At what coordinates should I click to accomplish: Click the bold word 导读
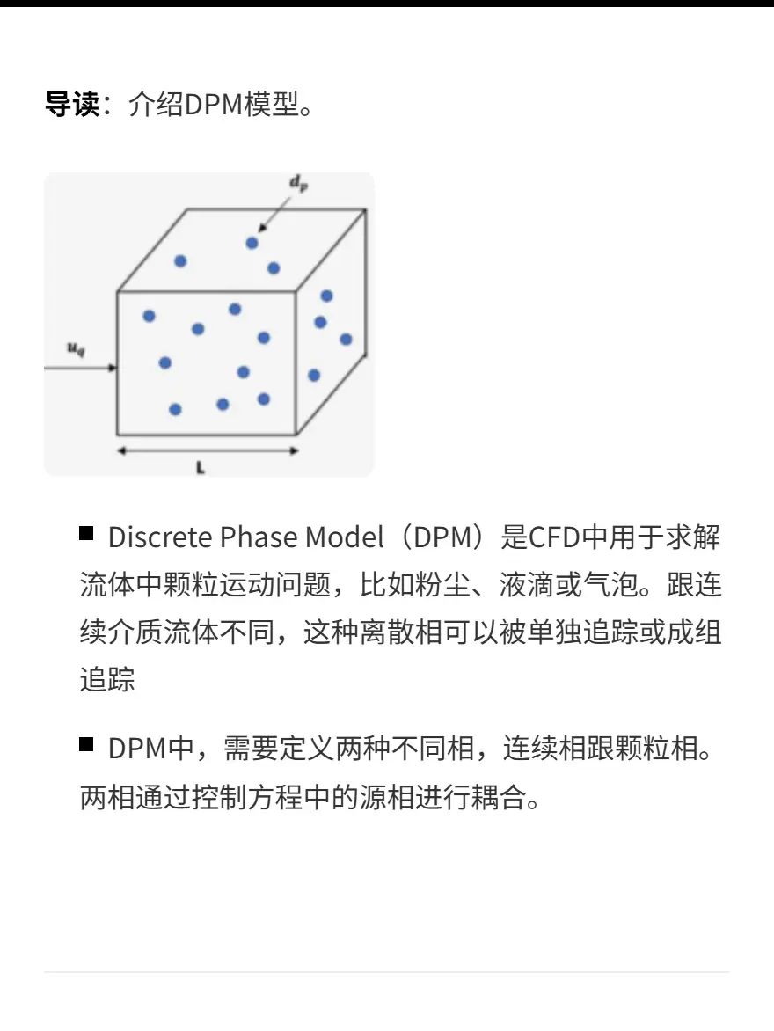click(x=71, y=104)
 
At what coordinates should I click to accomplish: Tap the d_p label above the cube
click(x=299, y=182)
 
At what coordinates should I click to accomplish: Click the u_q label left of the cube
click(x=77, y=347)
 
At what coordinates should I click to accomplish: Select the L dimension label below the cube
click(x=201, y=468)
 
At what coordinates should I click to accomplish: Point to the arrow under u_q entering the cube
click(x=80, y=369)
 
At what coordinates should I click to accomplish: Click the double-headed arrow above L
click(x=208, y=451)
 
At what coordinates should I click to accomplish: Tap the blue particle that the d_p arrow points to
click(x=252, y=244)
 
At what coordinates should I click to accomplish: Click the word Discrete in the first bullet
click(x=160, y=537)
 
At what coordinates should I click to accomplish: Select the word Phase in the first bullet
click(x=259, y=537)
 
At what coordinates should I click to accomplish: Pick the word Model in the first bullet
click(x=345, y=537)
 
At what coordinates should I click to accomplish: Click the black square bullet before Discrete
click(x=86, y=532)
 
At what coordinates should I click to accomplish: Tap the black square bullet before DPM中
click(x=86, y=744)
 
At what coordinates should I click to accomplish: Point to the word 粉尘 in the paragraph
click(x=415, y=584)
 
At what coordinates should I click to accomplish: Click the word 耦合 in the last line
click(x=499, y=798)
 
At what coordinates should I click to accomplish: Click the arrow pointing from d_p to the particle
click(x=274, y=213)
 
